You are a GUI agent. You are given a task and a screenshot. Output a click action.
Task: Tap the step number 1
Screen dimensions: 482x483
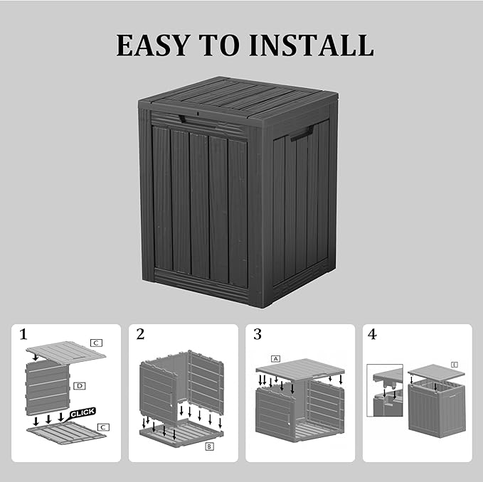pyautogui.click(x=23, y=334)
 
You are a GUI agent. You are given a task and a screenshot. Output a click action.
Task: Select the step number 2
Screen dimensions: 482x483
pyautogui.click(x=140, y=334)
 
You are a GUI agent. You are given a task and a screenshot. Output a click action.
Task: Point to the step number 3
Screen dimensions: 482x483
pyautogui.click(x=258, y=334)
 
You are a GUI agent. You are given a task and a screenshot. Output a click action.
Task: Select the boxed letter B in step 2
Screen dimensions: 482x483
pyautogui.click(x=209, y=446)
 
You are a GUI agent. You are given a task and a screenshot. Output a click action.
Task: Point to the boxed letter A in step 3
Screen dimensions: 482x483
pyautogui.click(x=276, y=359)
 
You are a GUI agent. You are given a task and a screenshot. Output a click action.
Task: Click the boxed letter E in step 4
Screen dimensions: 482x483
pyautogui.click(x=454, y=364)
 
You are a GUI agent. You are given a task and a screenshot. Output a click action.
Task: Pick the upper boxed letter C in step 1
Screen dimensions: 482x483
pyautogui.click(x=96, y=343)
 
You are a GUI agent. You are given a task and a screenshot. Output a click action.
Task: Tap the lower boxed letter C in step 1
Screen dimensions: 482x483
pyautogui.click(x=103, y=427)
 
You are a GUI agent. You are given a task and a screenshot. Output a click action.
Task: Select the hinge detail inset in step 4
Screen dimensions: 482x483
pyautogui.click(x=385, y=390)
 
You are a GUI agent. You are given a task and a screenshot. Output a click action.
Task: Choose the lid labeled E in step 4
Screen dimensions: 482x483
pyautogui.click(x=435, y=372)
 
